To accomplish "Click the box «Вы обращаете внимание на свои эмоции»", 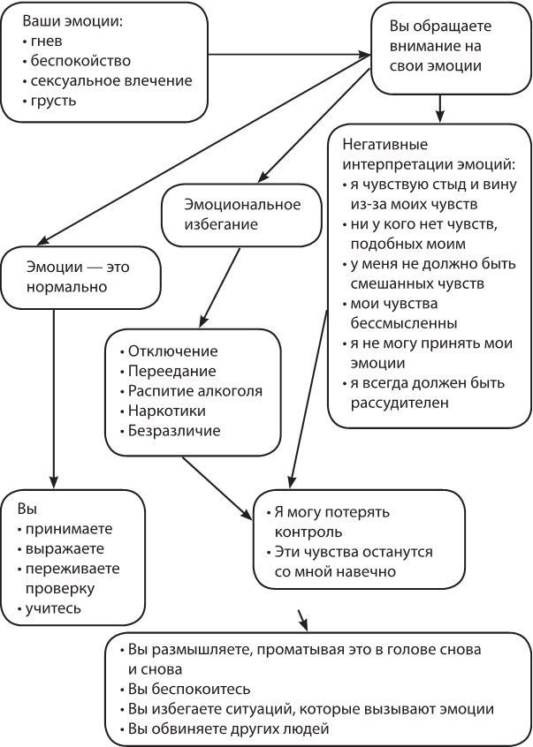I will point(438,45).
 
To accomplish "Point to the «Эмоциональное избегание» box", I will point(242,214).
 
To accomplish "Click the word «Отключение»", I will point(172,351).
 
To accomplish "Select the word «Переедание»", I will point(171,371).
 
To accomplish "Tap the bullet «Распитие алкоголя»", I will point(194,390).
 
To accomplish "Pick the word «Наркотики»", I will point(167,411).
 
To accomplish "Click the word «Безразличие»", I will point(174,431).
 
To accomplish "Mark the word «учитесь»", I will point(57,608).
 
